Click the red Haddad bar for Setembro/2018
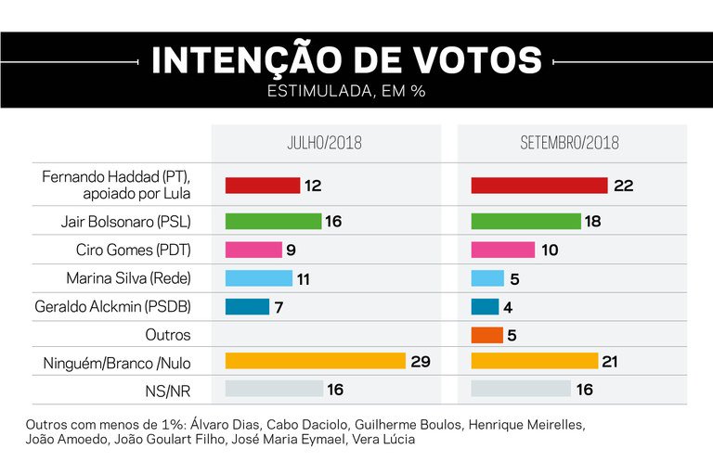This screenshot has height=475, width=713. (x=538, y=186)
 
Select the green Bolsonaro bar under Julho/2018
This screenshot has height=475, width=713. (x=273, y=222)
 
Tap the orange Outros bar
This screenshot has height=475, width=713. (x=487, y=334)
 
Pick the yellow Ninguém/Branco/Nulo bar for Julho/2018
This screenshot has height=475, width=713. (x=316, y=361)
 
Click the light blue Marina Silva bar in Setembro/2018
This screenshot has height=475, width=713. (x=487, y=278)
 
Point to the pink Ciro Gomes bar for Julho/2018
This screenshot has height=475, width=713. (x=253, y=250)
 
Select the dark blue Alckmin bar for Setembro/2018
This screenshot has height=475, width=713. (x=485, y=306)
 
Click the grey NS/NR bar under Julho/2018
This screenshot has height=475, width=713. (x=274, y=389)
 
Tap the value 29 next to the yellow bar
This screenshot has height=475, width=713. (x=421, y=361)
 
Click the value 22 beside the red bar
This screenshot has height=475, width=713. (x=623, y=186)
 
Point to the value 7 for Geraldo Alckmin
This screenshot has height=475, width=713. (x=279, y=306)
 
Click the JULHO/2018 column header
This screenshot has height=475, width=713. (x=324, y=144)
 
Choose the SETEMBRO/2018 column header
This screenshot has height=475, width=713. (x=569, y=144)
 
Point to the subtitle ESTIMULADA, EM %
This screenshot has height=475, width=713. (x=346, y=92)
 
